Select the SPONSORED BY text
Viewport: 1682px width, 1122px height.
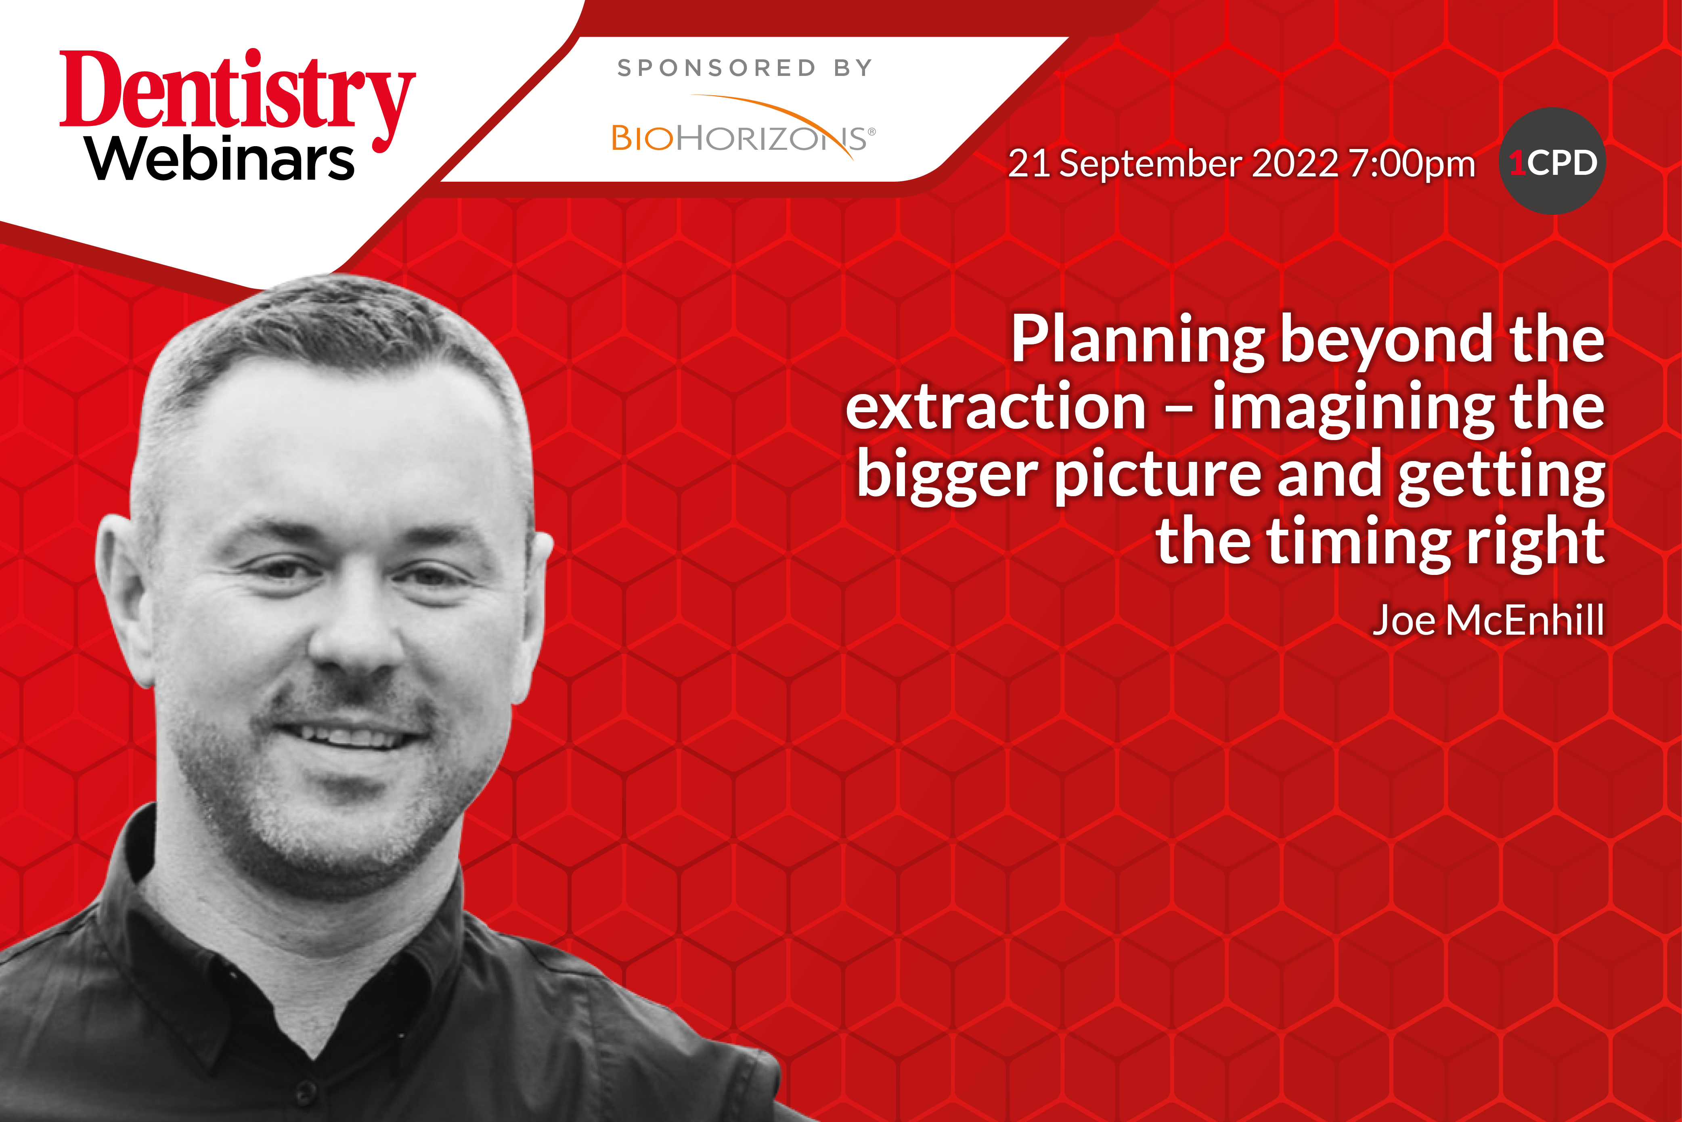tap(745, 68)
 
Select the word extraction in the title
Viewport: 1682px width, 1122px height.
tap(996, 407)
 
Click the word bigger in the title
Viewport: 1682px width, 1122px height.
tap(947, 476)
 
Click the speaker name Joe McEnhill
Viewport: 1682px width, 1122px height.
tap(1488, 620)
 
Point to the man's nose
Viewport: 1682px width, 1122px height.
tap(356, 630)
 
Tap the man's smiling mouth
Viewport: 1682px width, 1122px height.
tap(350, 734)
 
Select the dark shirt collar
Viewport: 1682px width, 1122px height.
tap(286, 952)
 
